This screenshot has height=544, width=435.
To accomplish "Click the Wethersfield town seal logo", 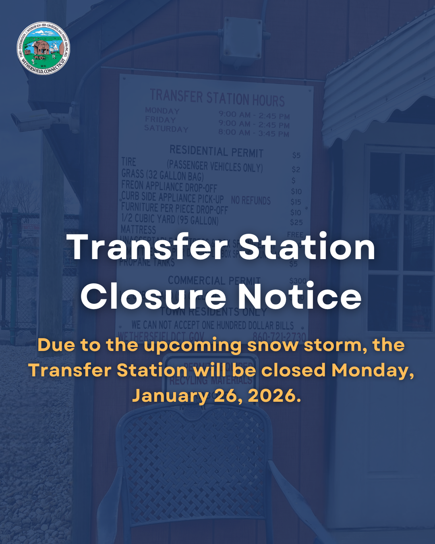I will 43,48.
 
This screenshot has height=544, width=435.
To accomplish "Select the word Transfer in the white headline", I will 147,247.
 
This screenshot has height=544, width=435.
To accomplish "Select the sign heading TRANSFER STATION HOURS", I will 217,98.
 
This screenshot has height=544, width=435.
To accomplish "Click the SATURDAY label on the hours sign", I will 166,129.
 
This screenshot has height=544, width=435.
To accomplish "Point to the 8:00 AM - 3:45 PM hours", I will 254,133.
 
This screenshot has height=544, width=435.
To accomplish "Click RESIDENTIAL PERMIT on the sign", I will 216,152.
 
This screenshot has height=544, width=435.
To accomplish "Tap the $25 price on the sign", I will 296,222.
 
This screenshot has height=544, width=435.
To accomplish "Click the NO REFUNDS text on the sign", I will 251,200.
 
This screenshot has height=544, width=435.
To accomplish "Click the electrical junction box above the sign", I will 242,42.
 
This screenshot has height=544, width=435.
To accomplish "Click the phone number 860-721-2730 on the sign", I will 279,336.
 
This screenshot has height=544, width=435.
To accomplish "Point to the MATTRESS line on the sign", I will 138,229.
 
